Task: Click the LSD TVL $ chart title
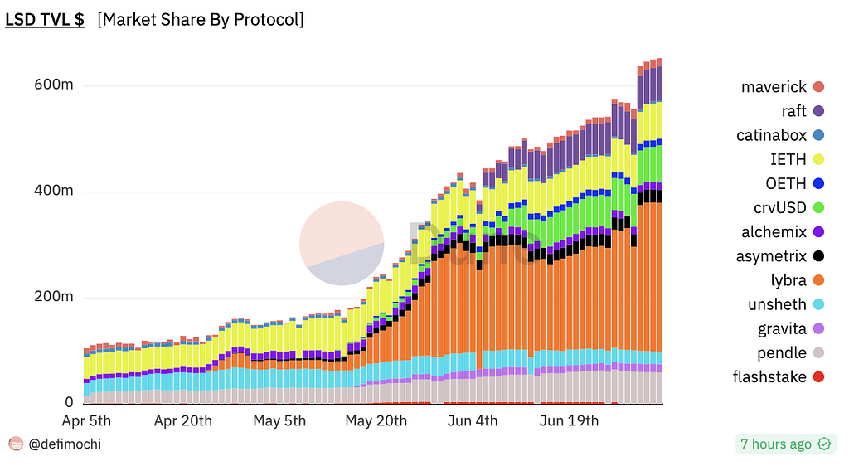click(45, 20)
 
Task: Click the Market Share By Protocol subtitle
click(200, 20)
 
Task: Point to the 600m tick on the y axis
click(55, 85)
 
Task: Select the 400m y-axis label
click(55, 191)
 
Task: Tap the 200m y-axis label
click(55, 297)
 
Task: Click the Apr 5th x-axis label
click(86, 421)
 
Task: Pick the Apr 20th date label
click(182, 421)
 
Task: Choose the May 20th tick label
click(376, 421)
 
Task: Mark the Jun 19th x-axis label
click(569, 421)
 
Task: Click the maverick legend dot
click(818, 87)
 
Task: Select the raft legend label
click(793, 111)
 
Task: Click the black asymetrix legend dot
click(818, 256)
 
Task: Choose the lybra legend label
click(788, 280)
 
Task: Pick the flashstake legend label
click(769, 377)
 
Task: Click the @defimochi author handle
click(65, 444)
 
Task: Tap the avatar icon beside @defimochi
click(16, 444)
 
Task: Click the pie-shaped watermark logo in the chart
click(342, 244)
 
